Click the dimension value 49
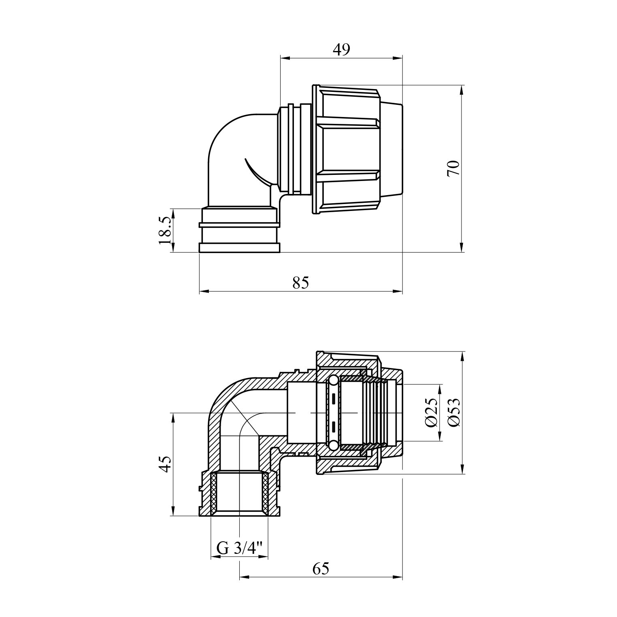point(341,49)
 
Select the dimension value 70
point(454,168)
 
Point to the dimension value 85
point(300,283)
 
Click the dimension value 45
point(165,464)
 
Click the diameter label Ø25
point(432,413)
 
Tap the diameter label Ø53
point(454,413)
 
